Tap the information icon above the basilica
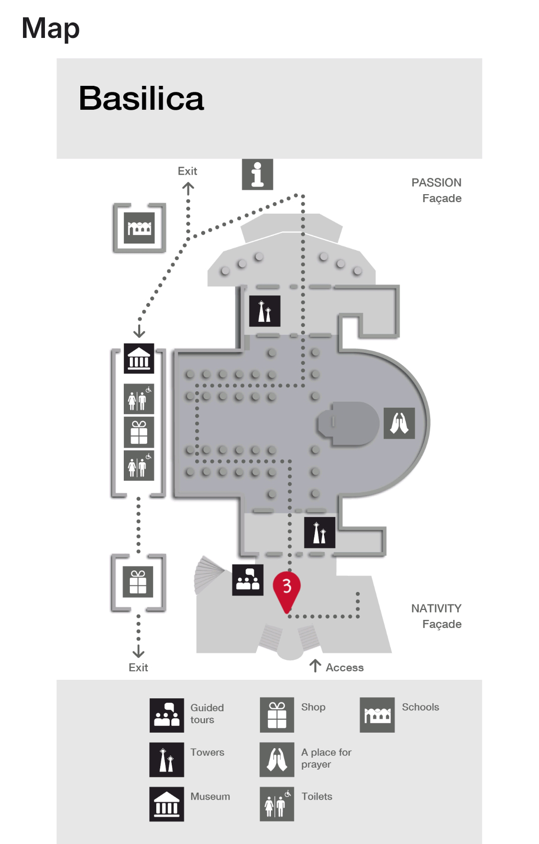[x=258, y=174]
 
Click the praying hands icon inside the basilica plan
[x=399, y=423]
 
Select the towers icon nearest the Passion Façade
[x=265, y=311]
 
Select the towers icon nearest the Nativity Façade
[x=319, y=533]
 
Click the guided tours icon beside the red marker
[x=248, y=580]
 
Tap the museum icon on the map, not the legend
[x=139, y=358]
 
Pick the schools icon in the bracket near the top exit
[x=139, y=228]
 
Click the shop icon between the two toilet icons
[x=139, y=432]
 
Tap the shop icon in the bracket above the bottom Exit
[x=138, y=582]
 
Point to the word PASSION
[x=436, y=183]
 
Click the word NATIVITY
[x=436, y=608]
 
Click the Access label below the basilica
[x=344, y=668]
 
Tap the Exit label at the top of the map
[x=187, y=171]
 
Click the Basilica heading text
[x=141, y=98]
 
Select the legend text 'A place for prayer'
[x=326, y=758]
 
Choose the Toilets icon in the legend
[x=276, y=804]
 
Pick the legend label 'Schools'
[x=420, y=707]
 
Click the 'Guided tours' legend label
[x=207, y=714]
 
